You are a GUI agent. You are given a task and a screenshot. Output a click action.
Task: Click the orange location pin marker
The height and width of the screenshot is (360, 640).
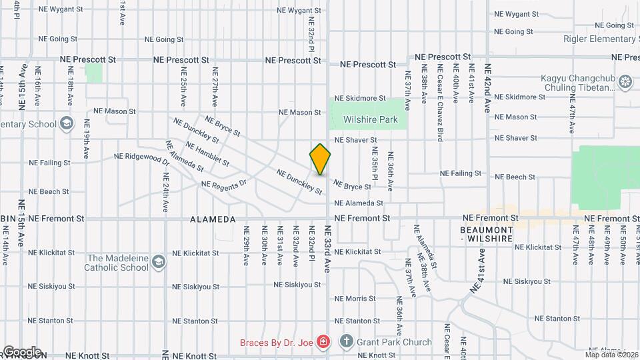point(321,159)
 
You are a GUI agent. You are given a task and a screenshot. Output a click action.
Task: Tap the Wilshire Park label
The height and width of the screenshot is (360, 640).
point(371,120)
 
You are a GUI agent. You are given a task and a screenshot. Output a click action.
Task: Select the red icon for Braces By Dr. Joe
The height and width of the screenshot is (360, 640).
point(323,342)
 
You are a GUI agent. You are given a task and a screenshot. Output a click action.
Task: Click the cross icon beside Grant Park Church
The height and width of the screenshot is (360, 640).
point(345,342)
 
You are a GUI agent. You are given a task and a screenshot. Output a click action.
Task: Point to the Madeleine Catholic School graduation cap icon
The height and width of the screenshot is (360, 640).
point(158,261)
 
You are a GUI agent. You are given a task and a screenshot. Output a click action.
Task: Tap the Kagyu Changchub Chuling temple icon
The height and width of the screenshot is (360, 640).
point(625,82)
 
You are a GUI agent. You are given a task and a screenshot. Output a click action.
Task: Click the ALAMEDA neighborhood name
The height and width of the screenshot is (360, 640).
point(213,219)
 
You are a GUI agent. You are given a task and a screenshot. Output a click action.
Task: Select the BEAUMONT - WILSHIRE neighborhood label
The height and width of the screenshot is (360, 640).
point(485,233)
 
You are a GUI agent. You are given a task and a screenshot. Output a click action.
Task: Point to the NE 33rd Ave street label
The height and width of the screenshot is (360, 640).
point(327,247)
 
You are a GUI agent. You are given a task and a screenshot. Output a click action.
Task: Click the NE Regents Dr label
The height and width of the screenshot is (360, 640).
point(224,183)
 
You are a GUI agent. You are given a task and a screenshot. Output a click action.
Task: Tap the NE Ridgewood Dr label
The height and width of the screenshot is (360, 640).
point(141,158)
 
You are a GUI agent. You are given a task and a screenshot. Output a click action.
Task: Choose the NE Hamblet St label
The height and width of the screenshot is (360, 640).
point(207,153)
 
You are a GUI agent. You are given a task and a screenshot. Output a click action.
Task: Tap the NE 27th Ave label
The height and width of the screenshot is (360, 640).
point(215,87)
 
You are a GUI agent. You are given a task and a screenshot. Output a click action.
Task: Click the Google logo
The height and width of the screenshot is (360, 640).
point(22,351)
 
